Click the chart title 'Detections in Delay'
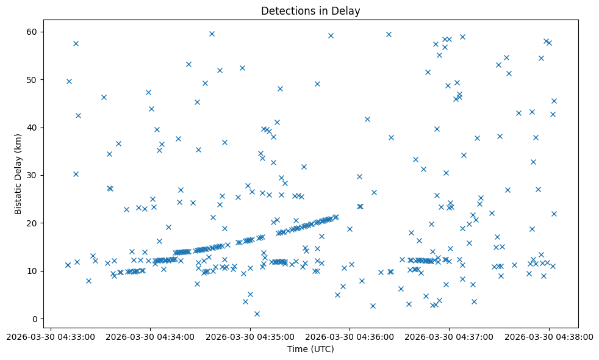(x=310, y=10)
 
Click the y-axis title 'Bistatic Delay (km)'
(x=18, y=173)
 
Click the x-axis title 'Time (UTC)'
(x=310, y=349)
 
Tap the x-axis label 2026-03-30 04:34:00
(x=150, y=336)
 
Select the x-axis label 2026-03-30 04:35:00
(x=250, y=336)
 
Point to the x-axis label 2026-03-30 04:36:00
(x=350, y=336)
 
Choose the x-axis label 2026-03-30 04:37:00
(x=450, y=336)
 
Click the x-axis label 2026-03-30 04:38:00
(x=549, y=336)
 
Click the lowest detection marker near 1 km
(x=257, y=314)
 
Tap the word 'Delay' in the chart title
(x=347, y=10)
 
